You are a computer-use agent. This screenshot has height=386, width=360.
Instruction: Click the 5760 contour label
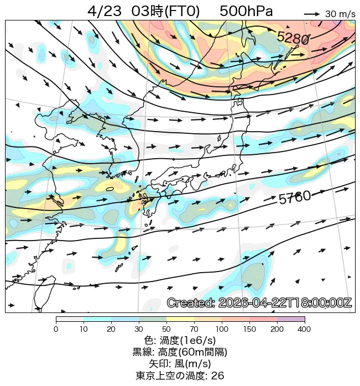pos(294,198)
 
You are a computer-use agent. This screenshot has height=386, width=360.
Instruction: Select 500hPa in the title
pos(246,12)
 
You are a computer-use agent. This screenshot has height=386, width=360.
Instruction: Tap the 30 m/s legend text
pos(340,14)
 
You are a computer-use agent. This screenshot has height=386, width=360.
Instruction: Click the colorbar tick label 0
pos(56,330)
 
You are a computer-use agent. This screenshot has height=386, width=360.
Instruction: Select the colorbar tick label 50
pos(166,330)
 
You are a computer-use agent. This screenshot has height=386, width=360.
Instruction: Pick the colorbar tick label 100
pos(222,330)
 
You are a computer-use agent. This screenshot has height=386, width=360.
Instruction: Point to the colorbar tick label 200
pos(277,330)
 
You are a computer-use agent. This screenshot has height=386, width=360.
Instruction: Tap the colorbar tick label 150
pos(249,330)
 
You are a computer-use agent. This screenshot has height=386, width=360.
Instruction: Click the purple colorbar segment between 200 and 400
pos(291,320)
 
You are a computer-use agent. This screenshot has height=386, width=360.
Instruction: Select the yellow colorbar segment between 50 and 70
pos(180,320)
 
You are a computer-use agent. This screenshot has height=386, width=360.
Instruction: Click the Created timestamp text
pos(259,303)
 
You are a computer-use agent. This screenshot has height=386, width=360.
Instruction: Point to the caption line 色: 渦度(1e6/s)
pos(180,341)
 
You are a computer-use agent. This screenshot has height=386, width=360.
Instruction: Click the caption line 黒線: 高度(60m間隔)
pos(180,352)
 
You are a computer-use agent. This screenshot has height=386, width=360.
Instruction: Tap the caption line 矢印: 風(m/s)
pos(180,363)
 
